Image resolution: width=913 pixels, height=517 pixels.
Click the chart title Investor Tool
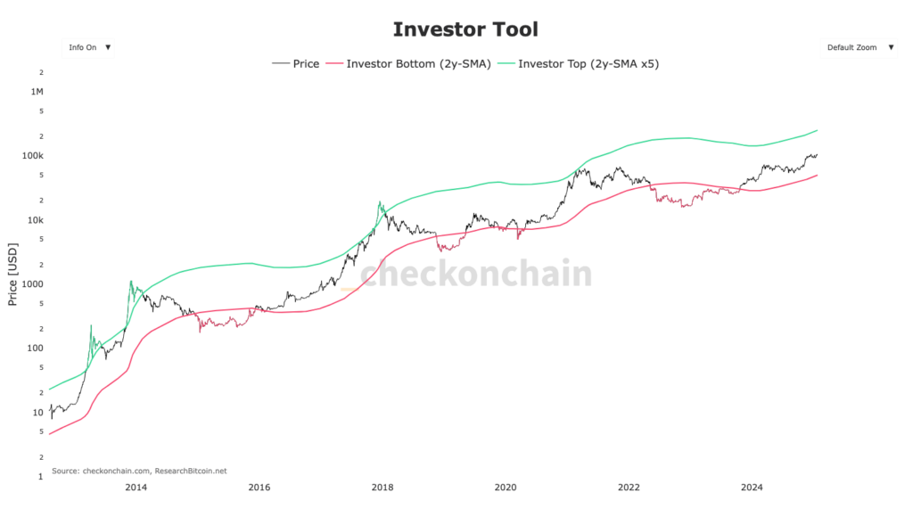465,29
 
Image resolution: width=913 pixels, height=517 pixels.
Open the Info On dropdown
87,47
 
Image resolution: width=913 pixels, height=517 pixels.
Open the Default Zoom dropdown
857,47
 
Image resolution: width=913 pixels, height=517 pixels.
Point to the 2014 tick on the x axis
136,487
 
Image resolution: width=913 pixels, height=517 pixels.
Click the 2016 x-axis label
259,487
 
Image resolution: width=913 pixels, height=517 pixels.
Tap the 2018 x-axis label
382,487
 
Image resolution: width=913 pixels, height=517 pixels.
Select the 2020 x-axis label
505,487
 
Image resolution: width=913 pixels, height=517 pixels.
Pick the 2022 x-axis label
629,487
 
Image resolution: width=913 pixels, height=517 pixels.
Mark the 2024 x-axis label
752,487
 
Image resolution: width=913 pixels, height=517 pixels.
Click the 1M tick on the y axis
37,92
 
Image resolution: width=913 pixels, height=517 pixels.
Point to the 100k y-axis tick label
32,156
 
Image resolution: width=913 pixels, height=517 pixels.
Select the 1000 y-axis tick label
32,284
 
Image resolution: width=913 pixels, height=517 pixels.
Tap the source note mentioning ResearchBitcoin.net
139,470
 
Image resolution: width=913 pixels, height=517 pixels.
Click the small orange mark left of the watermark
350,289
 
